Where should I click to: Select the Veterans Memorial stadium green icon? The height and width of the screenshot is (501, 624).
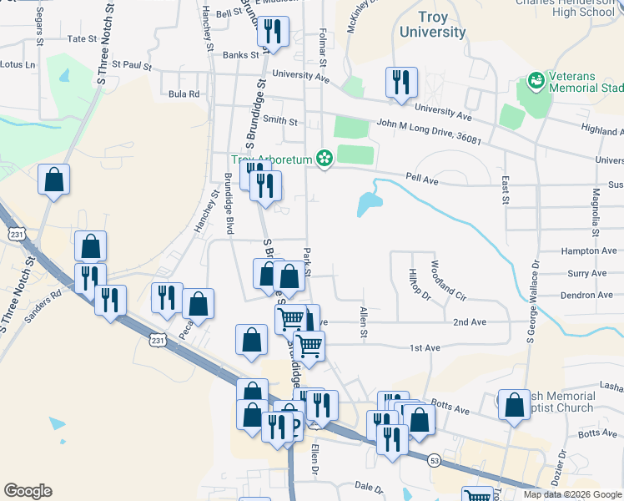pyautogui.click(x=536, y=82)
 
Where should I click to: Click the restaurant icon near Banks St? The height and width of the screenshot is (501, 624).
pyautogui.click(x=273, y=33)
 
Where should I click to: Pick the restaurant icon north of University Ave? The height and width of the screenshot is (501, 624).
pyautogui.click(x=401, y=83)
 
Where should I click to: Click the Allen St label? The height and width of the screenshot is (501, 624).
pyautogui.click(x=363, y=322)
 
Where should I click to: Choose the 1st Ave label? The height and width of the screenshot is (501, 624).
pyautogui.click(x=424, y=347)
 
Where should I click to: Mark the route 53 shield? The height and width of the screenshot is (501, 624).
pyautogui.click(x=434, y=460)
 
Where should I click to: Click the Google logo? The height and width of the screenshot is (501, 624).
pyautogui.click(x=28, y=491)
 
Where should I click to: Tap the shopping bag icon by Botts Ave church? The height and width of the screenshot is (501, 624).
pyautogui.click(x=514, y=405)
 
